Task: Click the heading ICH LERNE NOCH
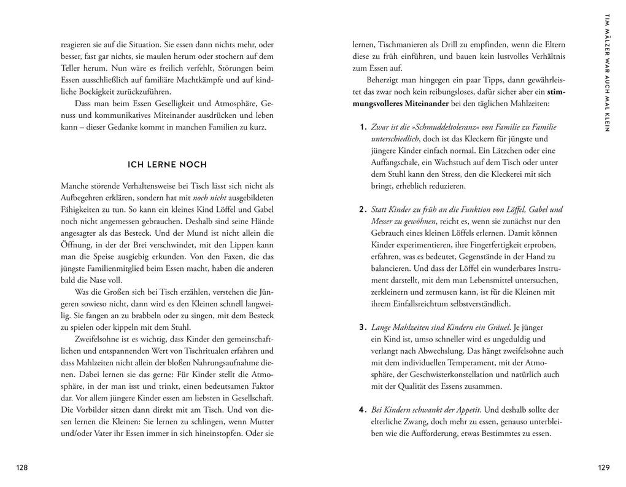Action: pyautogui.click(x=167, y=165)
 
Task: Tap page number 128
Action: pyautogui.click(x=22, y=468)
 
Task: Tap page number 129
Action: pyautogui.click(x=603, y=468)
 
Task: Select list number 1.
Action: pyautogui.click(x=363, y=127)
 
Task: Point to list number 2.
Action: pyautogui.click(x=363, y=209)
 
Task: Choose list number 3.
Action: pyautogui.click(x=363, y=327)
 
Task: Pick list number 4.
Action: pyautogui.click(x=363, y=410)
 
